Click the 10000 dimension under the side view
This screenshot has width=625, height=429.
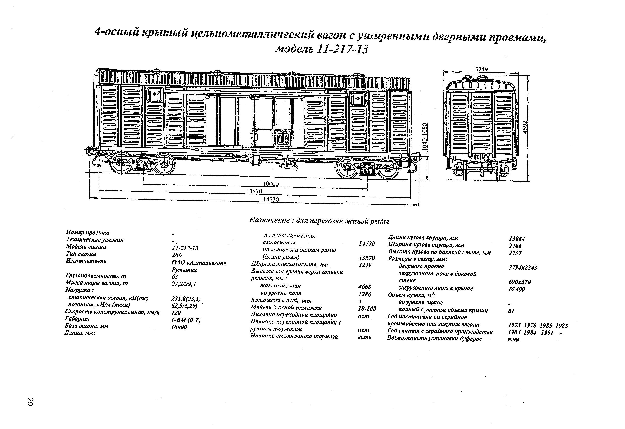pos(271,184)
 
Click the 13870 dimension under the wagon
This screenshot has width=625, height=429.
pos(254,191)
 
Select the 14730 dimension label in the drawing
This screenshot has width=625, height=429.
pos(271,199)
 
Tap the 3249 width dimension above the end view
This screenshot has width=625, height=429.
pos(481,69)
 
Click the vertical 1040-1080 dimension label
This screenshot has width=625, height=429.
pos(424,137)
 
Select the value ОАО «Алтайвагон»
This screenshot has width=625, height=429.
pos(199,263)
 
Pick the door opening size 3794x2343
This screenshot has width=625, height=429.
pos(523,268)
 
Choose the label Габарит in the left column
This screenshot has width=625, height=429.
pos(77,318)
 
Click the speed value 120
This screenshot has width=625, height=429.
pos(176,313)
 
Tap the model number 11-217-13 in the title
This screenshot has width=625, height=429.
pos(342,49)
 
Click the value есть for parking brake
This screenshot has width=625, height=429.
pos(364,337)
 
